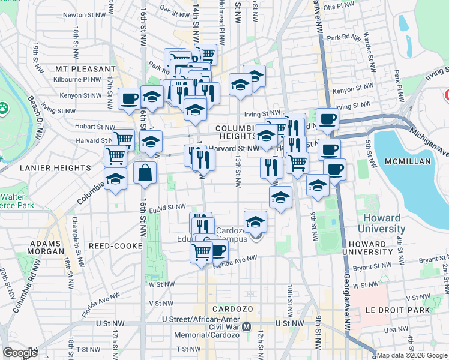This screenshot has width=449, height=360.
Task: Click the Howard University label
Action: click(x=381, y=223)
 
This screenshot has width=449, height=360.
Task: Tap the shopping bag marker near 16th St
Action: click(x=145, y=173)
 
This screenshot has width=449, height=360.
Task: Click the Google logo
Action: click(x=20, y=353)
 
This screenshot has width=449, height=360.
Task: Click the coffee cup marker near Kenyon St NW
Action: click(x=129, y=98)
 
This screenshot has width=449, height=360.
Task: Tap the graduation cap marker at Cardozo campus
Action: click(x=256, y=222)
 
